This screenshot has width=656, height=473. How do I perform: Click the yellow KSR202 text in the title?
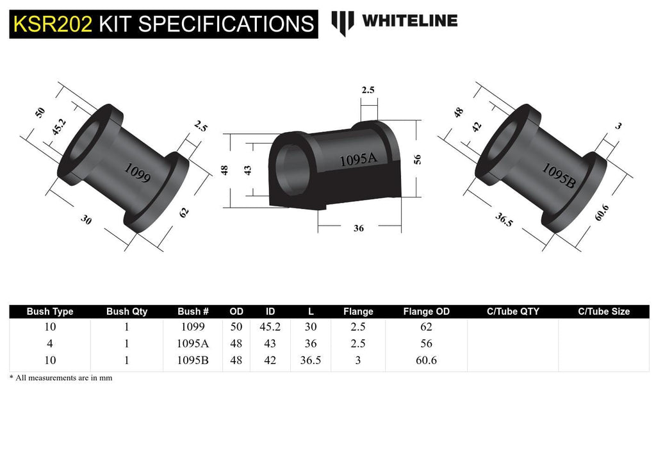(x=53, y=24)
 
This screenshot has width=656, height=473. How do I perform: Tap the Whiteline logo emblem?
(x=343, y=22)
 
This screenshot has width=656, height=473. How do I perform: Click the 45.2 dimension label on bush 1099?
(x=59, y=127)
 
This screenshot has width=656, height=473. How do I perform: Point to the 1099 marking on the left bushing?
(x=137, y=173)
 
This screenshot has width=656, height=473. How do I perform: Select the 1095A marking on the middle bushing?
(x=358, y=160)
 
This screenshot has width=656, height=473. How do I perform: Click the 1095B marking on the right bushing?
(x=559, y=175)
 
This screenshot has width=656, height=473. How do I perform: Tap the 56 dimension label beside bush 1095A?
(x=417, y=160)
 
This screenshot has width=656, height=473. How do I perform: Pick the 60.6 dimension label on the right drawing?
(x=602, y=213)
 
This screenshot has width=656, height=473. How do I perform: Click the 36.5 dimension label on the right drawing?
(x=504, y=219)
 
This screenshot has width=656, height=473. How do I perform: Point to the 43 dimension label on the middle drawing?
(x=248, y=170)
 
